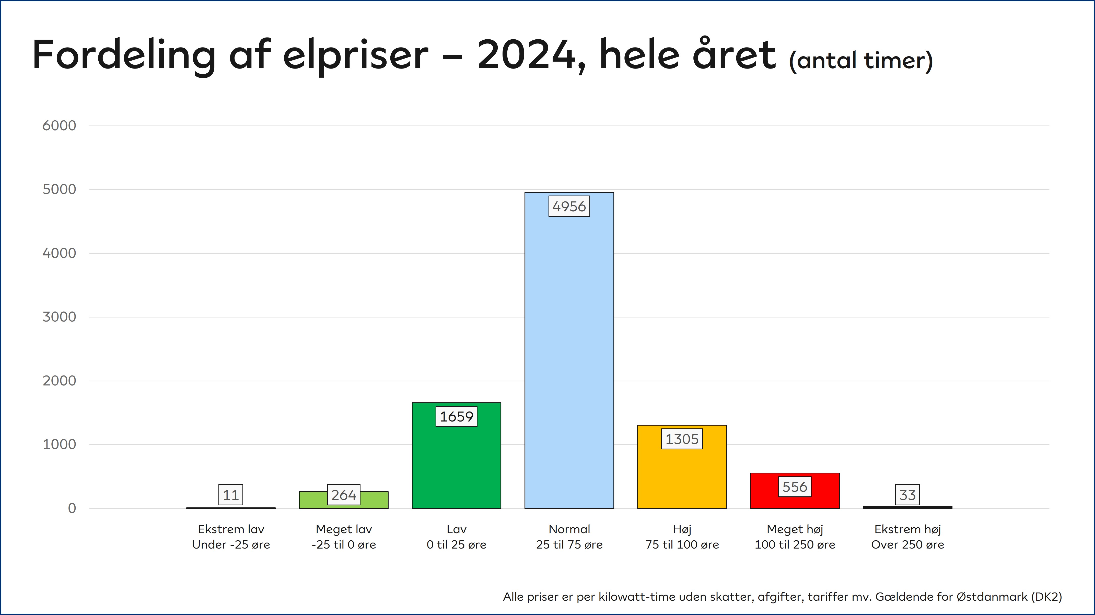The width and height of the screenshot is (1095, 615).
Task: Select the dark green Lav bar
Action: pyautogui.click(x=456, y=468)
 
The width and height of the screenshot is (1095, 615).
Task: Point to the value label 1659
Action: pyautogui.click(x=456, y=416)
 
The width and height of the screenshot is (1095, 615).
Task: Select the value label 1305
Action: pyautogui.click(x=682, y=439)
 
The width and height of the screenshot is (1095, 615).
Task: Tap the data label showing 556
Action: pyautogui.click(x=795, y=487)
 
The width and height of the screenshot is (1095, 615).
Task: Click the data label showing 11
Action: pyautogui.click(x=231, y=495)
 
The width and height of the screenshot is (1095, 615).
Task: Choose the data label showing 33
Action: pyautogui.click(x=907, y=495)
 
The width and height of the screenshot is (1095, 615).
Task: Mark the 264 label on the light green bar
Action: pyautogui.click(x=343, y=495)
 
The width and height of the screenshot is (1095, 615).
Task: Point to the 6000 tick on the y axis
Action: pyautogui.click(x=59, y=126)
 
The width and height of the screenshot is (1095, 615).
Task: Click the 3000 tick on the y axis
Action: pyautogui.click(x=59, y=317)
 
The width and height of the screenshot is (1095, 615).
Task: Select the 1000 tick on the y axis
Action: pyautogui.click(x=59, y=445)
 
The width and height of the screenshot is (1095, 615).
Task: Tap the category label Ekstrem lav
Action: pyautogui.click(x=231, y=529)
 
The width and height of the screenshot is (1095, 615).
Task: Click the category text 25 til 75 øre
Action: pyautogui.click(x=569, y=545)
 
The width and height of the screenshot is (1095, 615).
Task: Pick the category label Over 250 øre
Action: pyautogui.click(x=907, y=545)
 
